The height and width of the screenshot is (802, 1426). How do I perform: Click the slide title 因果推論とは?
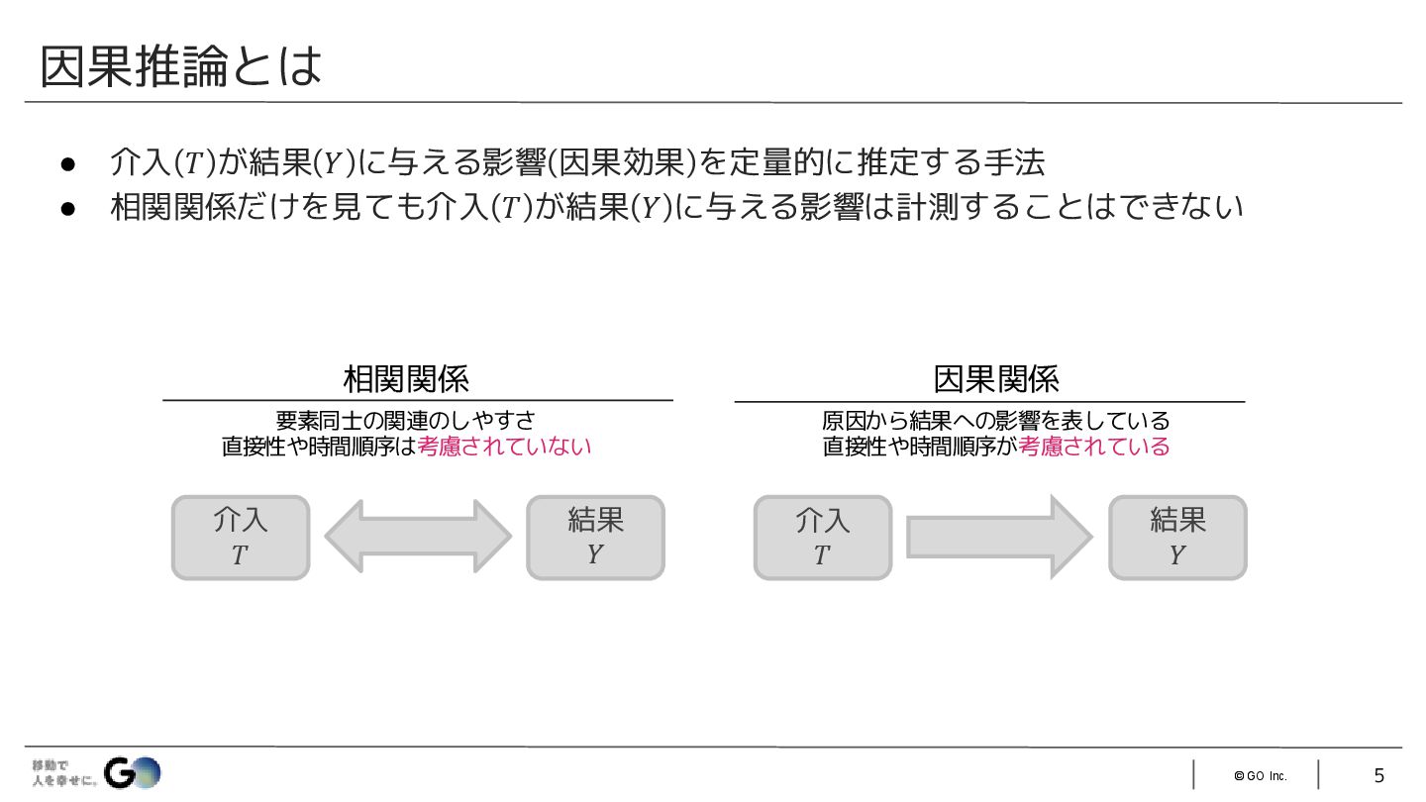pyautogui.click(x=181, y=66)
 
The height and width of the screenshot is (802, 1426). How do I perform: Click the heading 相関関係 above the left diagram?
pyautogui.click(x=406, y=378)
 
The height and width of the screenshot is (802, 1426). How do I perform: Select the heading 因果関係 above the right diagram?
pyautogui.click(x=996, y=378)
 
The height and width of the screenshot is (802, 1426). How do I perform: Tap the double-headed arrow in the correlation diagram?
pyautogui.click(x=418, y=537)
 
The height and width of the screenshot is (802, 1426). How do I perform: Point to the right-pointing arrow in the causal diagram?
pyautogui.click(x=999, y=537)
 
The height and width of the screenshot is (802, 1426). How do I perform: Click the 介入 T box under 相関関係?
pyautogui.click(x=241, y=538)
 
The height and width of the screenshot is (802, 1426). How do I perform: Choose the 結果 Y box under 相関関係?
pyautogui.click(x=595, y=538)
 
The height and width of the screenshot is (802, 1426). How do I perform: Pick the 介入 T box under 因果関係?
pyautogui.click(x=822, y=538)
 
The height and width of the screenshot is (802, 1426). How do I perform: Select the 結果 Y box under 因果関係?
pyautogui.click(x=1177, y=538)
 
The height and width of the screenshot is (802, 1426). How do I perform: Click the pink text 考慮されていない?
pyautogui.click(x=504, y=447)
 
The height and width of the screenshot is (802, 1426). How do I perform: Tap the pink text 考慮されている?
pyautogui.click(x=1094, y=447)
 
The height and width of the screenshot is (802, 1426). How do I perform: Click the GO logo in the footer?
pyautogui.click(x=133, y=772)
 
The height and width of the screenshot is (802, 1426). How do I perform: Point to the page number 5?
pyautogui.click(x=1378, y=775)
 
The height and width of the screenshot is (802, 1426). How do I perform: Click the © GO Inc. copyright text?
pyautogui.click(x=1260, y=776)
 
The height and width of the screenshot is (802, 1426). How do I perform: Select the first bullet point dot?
pyautogui.click(x=68, y=161)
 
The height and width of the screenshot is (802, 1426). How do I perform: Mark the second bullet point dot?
pyautogui.click(x=68, y=208)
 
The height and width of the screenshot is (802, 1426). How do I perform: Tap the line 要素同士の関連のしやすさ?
pyautogui.click(x=406, y=421)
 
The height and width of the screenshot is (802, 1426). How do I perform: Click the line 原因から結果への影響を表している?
pyautogui.click(x=996, y=421)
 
